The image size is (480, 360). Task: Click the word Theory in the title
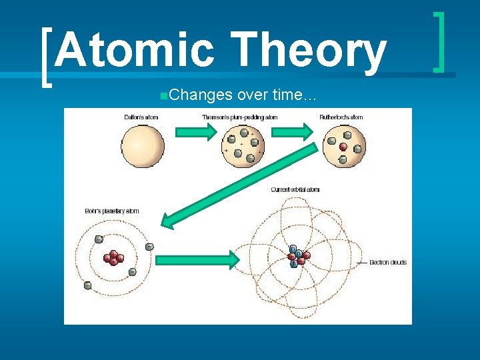pyautogui.click(x=310, y=51)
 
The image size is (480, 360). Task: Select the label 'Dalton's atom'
pyautogui.click(x=141, y=117)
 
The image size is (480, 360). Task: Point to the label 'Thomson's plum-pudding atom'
pyautogui.click(x=239, y=117)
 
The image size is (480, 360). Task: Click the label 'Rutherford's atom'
pyautogui.click(x=341, y=117)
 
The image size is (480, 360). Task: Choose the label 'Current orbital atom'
pyautogui.click(x=295, y=190)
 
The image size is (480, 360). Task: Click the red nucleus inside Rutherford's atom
pyautogui.click(x=343, y=146)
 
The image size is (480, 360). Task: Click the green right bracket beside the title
pyautogui.click(x=440, y=41)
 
